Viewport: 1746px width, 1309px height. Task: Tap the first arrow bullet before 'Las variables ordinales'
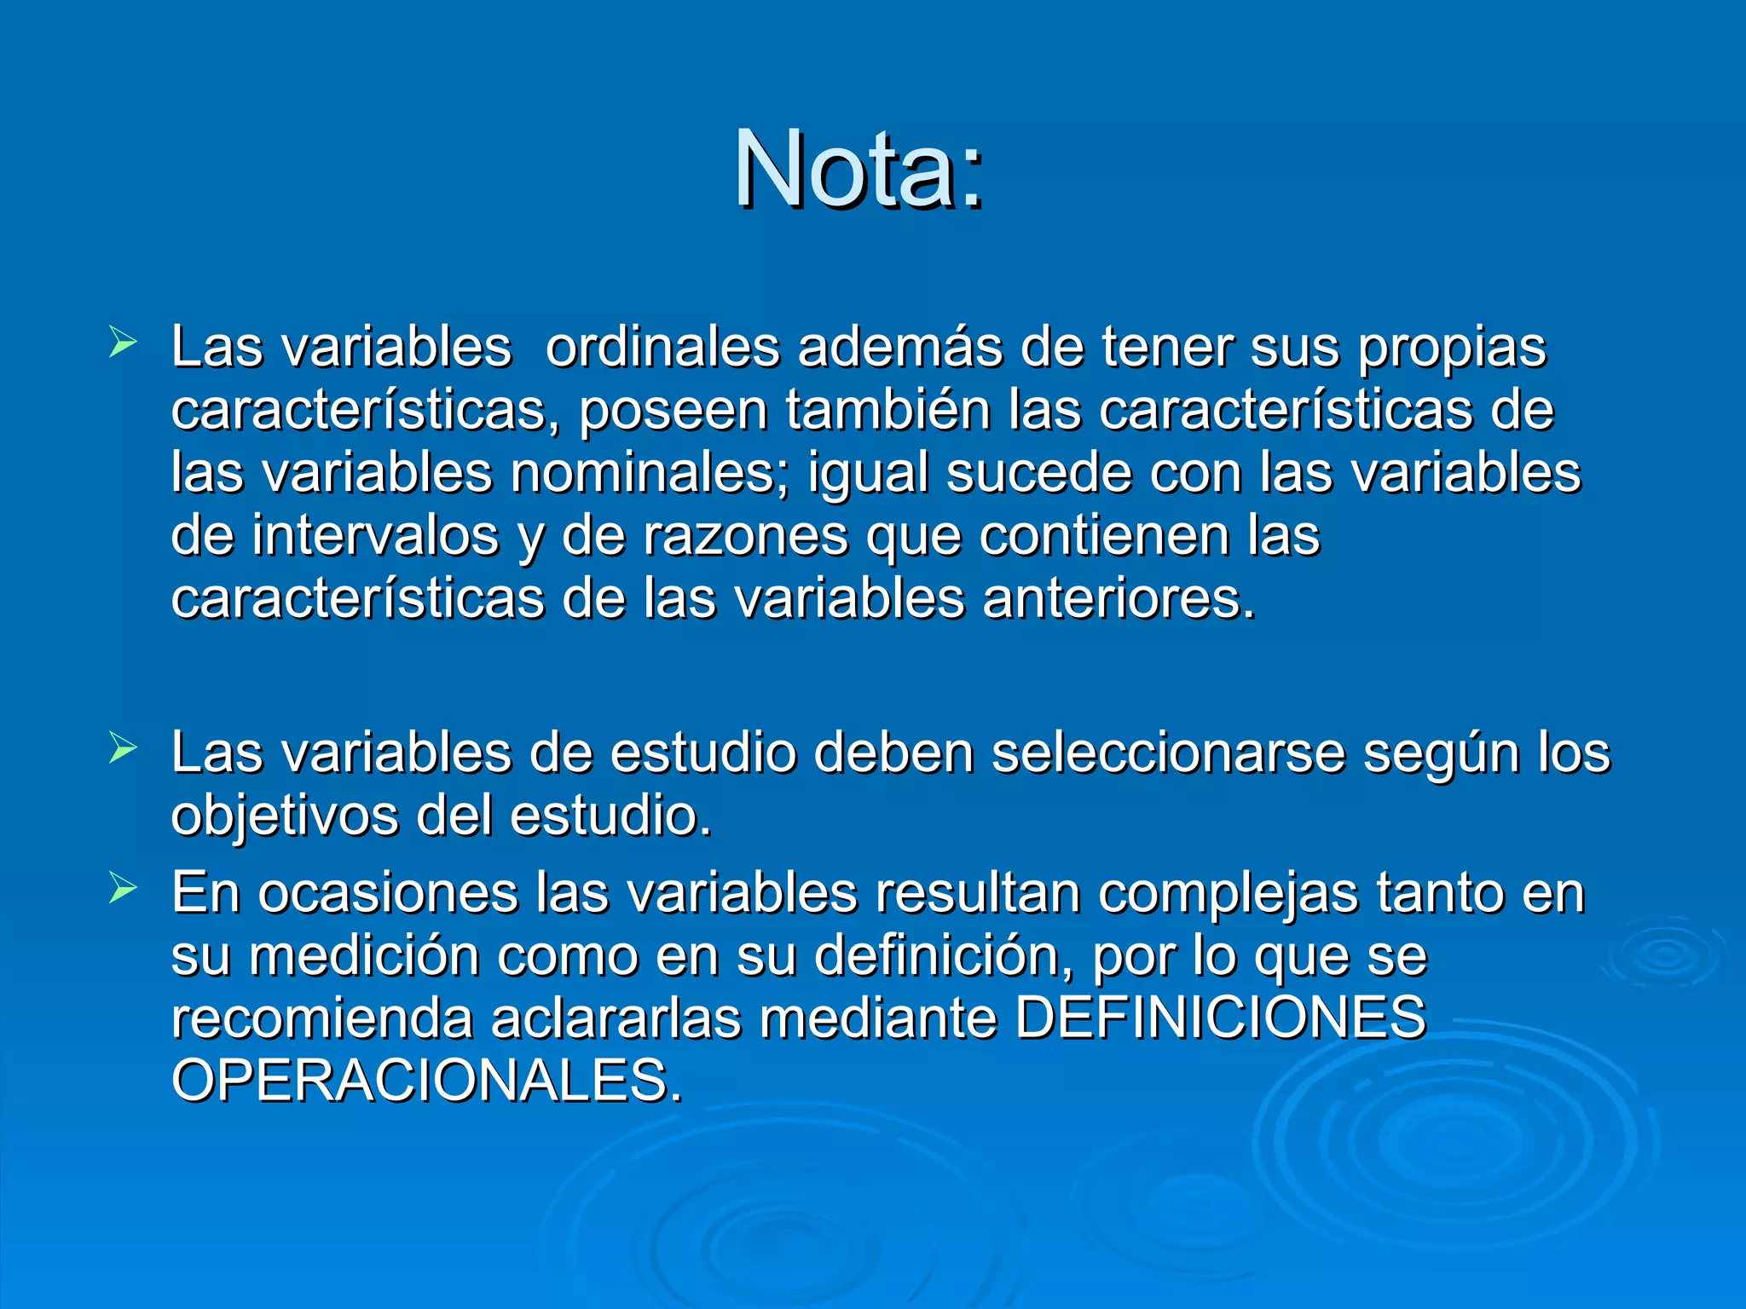[123, 344]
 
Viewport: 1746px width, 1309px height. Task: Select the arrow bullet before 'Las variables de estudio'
[123, 750]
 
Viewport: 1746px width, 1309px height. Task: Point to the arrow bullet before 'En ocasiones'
[123, 890]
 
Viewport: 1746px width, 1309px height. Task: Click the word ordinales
[662, 347]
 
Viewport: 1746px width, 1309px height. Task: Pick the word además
[899, 347]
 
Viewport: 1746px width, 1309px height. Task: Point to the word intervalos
[375, 536]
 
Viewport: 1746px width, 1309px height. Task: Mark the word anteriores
[1119, 598]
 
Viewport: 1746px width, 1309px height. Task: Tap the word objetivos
[285, 816]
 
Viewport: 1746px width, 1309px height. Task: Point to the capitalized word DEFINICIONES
[1220, 1018]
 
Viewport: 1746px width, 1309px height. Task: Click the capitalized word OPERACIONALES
[426, 1081]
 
